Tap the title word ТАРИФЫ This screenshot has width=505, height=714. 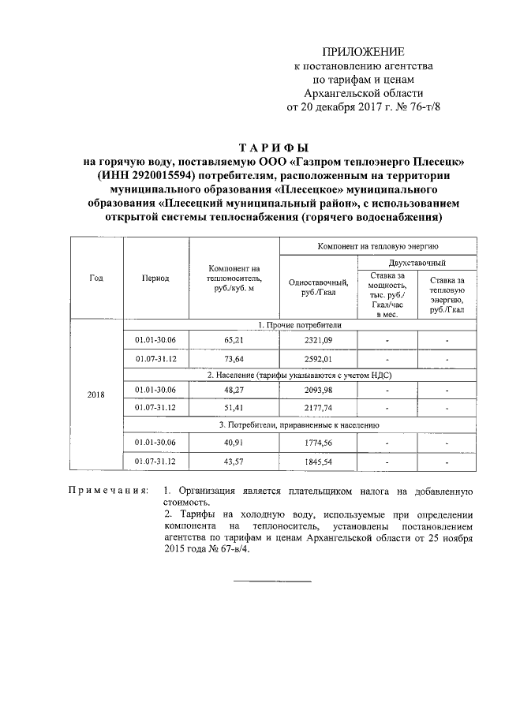(x=274, y=148)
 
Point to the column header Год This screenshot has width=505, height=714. (x=96, y=278)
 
